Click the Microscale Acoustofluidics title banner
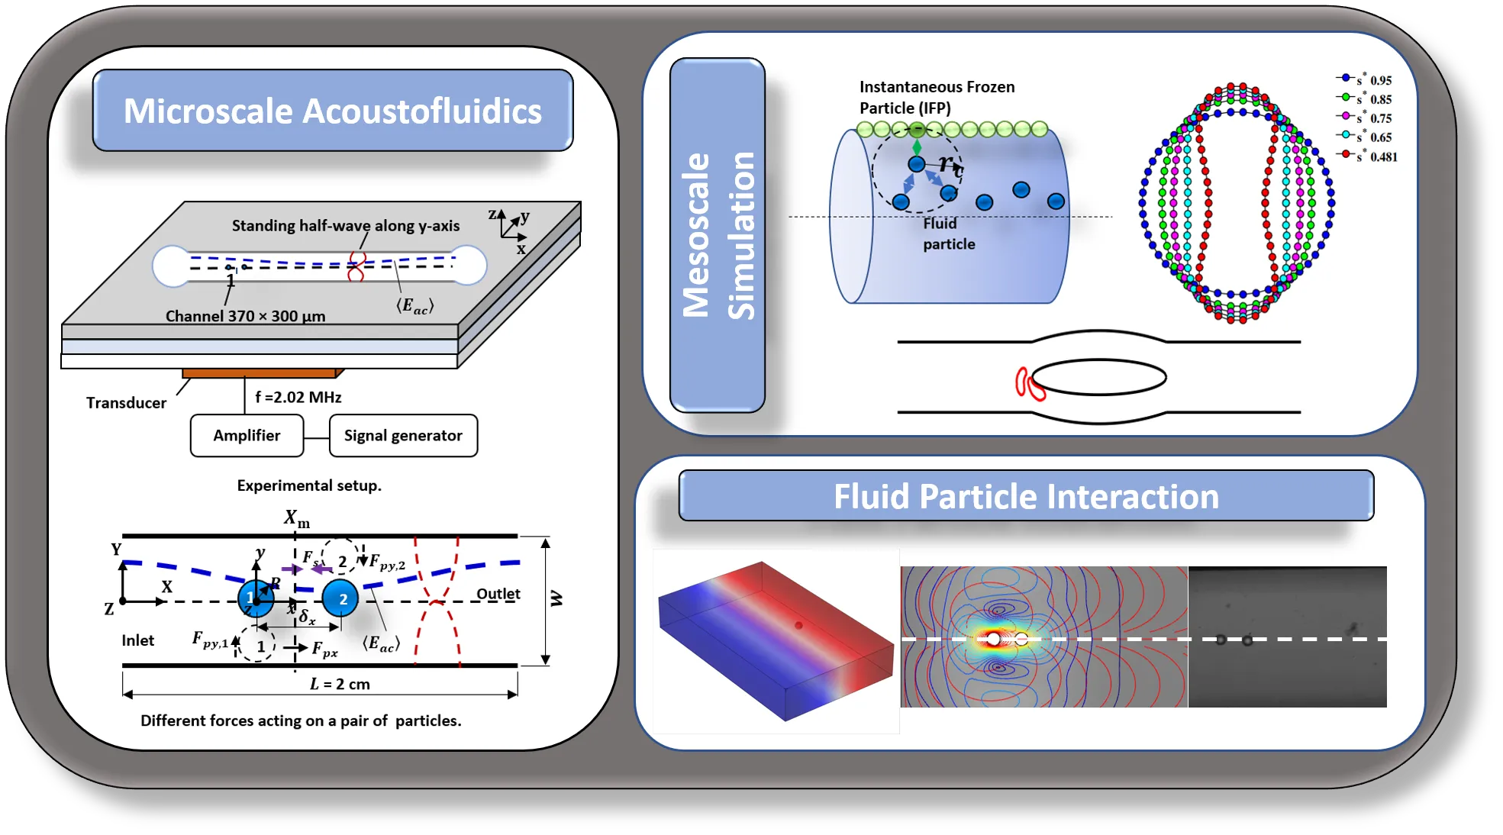coord(333,111)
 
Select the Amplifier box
coord(247,436)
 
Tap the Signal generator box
coord(403,436)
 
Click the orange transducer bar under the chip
coord(260,373)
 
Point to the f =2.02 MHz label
coord(298,398)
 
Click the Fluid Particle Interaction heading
coord(1026,497)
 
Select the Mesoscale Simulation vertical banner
coord(718,235)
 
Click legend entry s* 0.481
coord(1370,156)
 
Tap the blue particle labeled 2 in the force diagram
coord(340,599)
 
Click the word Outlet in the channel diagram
coord(498,594)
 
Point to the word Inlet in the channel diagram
coord(138,640)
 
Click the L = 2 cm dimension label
coord(340,685)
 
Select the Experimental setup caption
coord(309,486)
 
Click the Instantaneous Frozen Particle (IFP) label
coord(937,98)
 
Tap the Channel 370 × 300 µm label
coord(245,317)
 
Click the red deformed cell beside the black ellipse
coord(1029,384)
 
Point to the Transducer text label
coord(126,403)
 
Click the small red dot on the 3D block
coord(798,626)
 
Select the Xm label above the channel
coord(296,519)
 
